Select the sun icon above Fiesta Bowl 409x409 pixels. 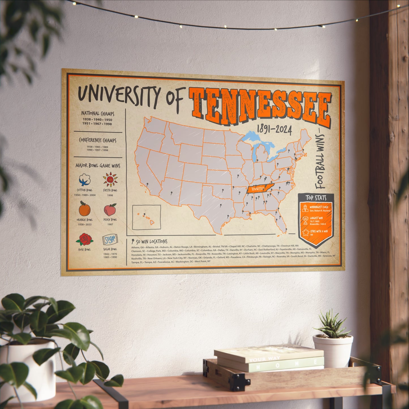click(x=110, y=179)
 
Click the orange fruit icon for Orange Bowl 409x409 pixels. click(x=84, y=209)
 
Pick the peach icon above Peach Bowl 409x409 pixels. click(x=110, y=210)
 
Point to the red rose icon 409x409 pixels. click(x=84, y=239)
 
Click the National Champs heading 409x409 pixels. click(x=98, y=114)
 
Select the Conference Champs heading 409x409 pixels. click(x=97, y=140)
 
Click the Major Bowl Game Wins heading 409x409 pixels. click(x=98, y=166)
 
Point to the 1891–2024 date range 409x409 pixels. click(x=274, y=130)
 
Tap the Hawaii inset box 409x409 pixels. click(x=146, y=217)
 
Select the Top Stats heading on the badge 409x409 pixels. click(x=316, y=198)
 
